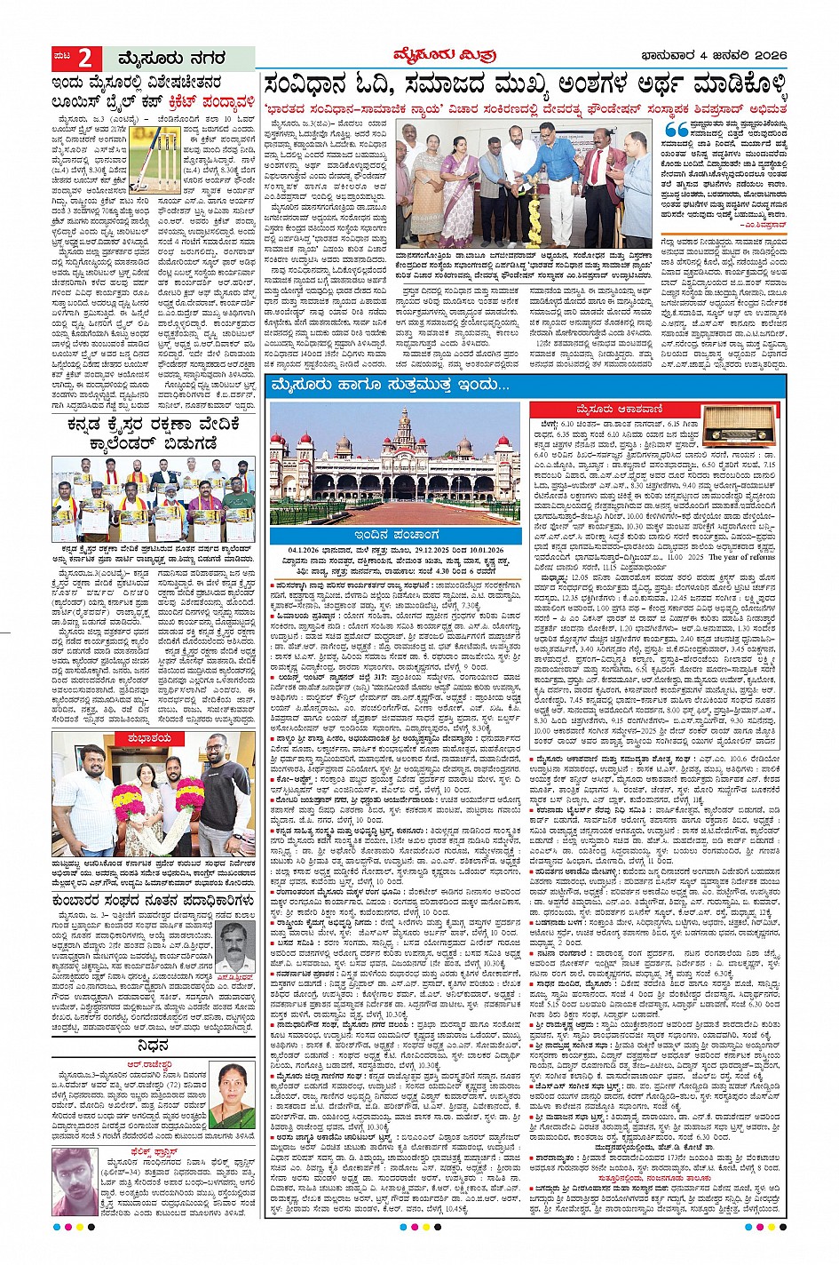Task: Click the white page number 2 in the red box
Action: [x=84, y=59]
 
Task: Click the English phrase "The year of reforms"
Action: [x=742, y=556]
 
